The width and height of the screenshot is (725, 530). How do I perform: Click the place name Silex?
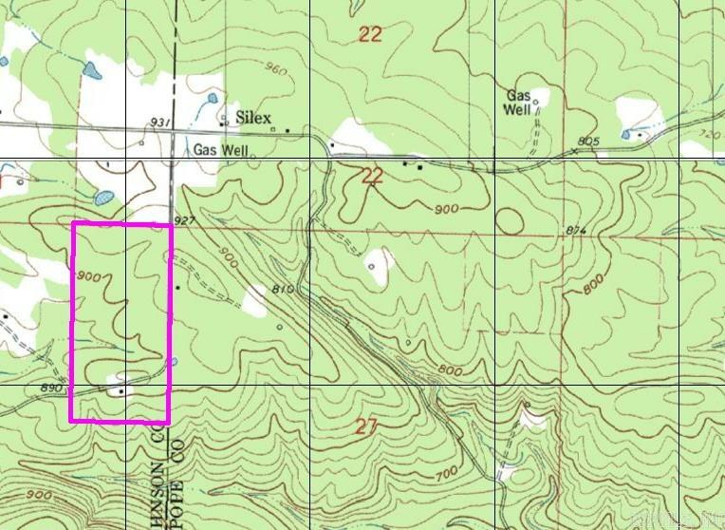252,117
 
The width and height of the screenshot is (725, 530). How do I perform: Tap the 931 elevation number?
161,123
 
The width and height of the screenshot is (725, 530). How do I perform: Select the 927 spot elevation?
184,220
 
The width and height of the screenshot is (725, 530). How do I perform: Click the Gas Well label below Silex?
219,150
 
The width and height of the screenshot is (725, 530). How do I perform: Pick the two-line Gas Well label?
520,103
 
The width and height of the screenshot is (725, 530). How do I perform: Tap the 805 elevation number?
588,142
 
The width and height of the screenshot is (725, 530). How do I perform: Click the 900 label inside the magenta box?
91,276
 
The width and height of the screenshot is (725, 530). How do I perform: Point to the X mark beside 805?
575,150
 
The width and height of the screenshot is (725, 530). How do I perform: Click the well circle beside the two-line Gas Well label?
536,102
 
